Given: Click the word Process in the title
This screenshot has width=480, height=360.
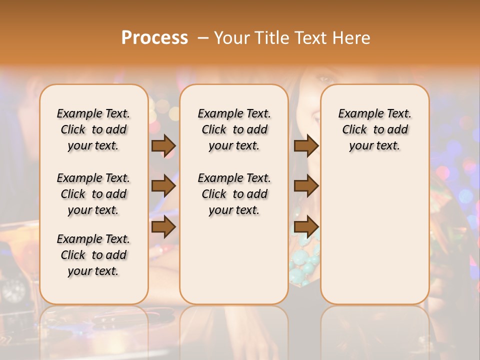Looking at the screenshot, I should [x=154, y=38].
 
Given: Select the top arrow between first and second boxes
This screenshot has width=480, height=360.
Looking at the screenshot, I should [x=163, y=145].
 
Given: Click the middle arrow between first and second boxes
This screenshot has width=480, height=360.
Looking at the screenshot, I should [x=163, y=186].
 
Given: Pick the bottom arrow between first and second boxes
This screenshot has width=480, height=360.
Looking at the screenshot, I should [x=163, y=227].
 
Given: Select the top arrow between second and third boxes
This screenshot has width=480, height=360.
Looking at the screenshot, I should [x=306, y=145].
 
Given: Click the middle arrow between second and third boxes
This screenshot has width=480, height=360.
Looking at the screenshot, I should [x=306, y=186].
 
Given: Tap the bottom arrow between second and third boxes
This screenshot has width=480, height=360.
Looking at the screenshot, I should [x=306, y=227].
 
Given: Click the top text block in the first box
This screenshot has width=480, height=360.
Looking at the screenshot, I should [x=93, y=129].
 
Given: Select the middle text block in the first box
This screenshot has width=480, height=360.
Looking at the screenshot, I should [x=93, y=194].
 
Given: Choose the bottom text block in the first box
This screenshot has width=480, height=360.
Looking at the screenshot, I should [x=93, y=255].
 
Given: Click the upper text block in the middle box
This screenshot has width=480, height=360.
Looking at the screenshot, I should [x=234, y=129].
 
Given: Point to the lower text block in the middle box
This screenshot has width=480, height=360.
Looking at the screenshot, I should [x=234, y=194].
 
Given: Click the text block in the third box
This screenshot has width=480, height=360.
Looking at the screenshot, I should [x=374, y=129].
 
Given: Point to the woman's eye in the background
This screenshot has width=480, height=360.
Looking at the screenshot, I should [x=324, y=79].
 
